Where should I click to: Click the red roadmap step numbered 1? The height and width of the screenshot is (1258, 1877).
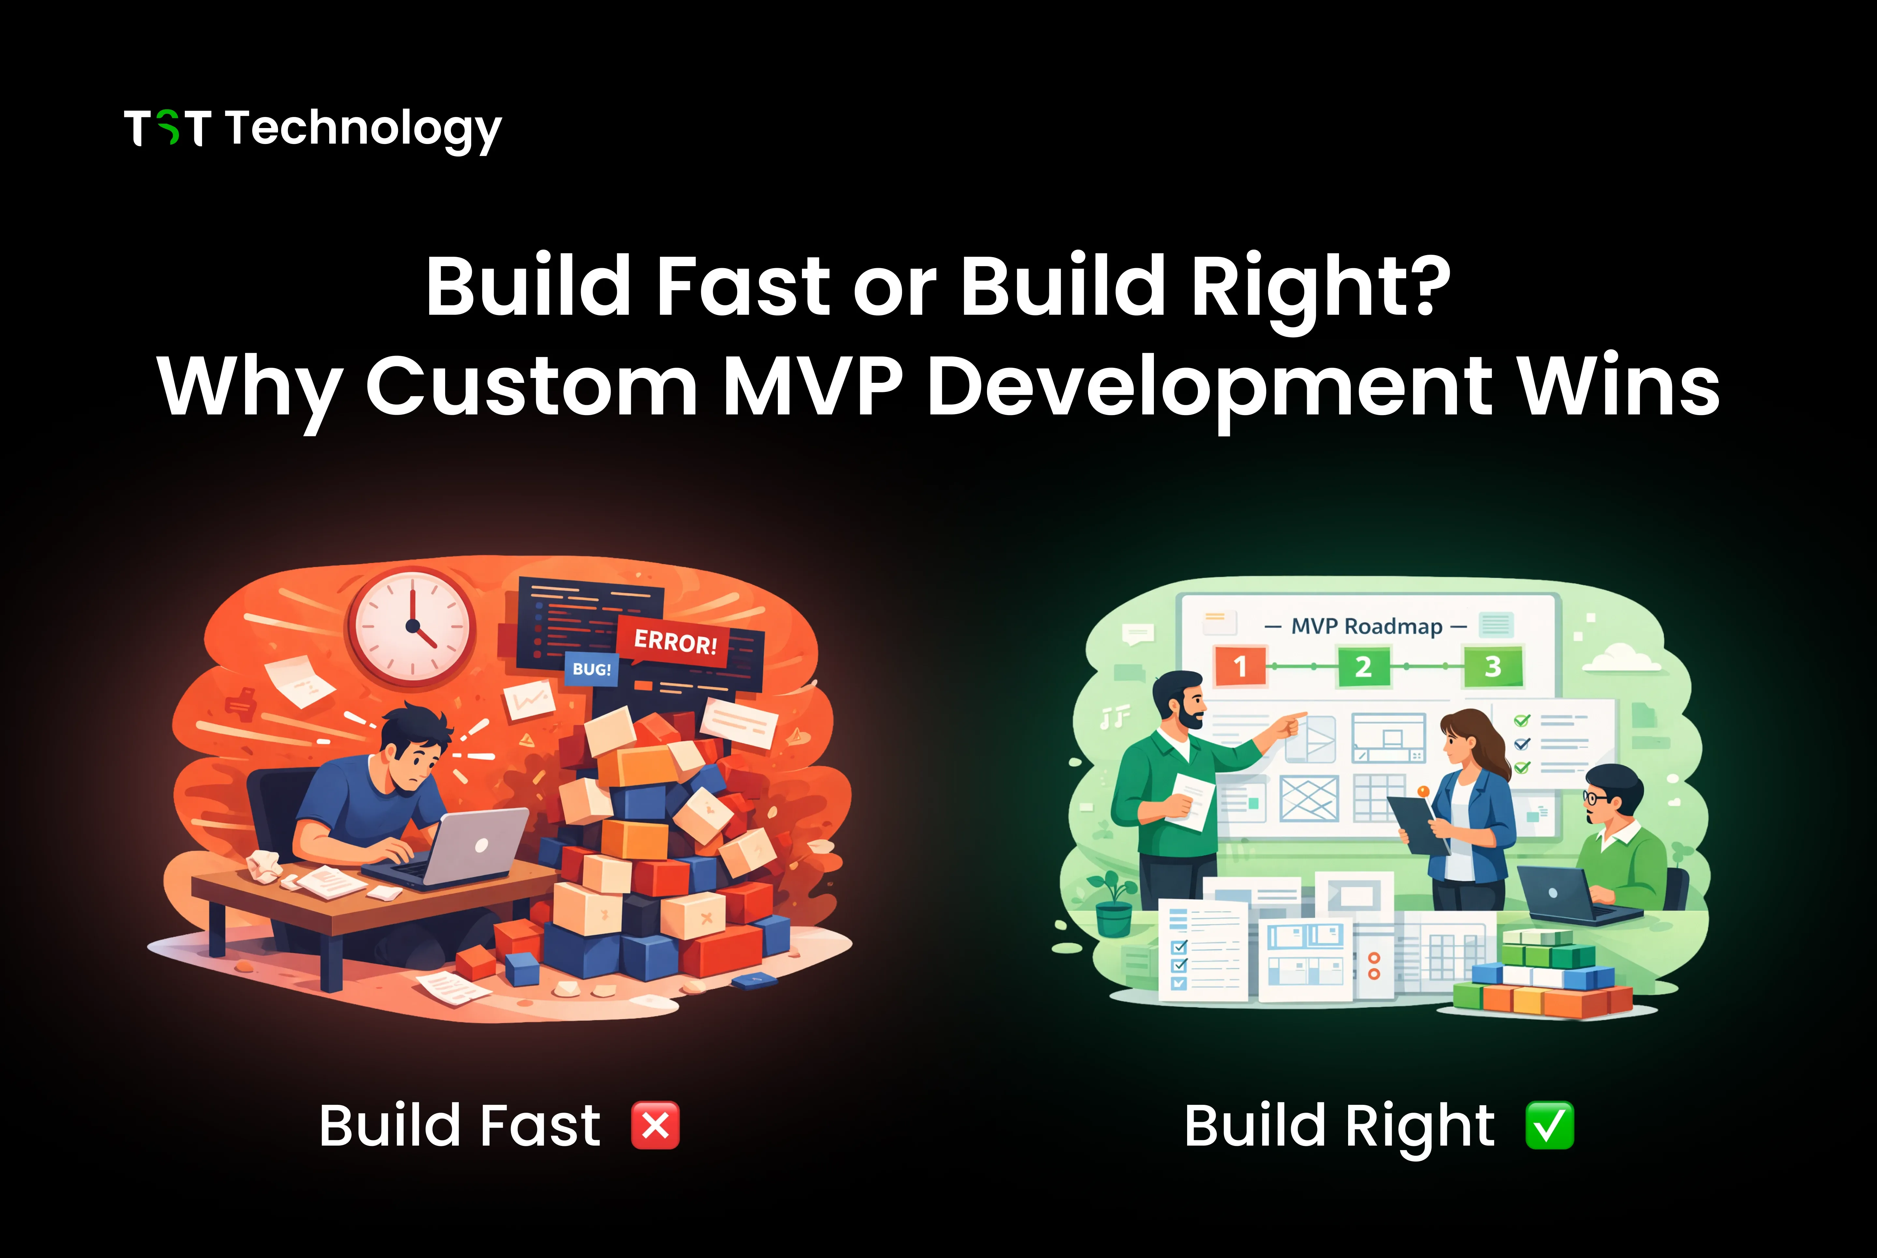click(1240, 666)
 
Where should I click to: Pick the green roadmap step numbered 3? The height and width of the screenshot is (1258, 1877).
click(1492, 666)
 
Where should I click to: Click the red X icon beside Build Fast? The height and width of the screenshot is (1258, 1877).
click(655, 1126)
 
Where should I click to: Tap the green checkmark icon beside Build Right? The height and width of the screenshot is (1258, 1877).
click(1549, 1126)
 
